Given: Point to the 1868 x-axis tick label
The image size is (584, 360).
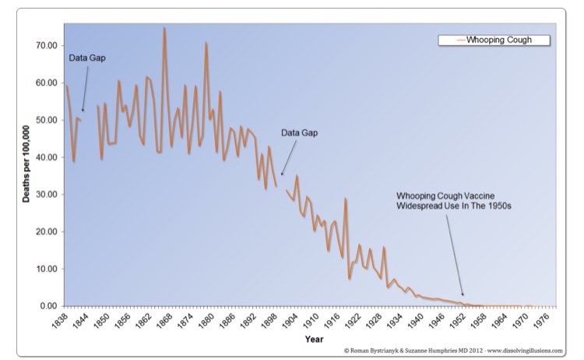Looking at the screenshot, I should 167,319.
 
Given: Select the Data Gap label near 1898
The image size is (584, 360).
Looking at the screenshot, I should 300,132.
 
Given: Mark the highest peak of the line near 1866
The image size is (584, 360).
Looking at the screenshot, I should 164,28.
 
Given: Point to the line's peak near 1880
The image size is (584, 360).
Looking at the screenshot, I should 206,43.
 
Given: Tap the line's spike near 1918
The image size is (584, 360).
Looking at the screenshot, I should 345,199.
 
